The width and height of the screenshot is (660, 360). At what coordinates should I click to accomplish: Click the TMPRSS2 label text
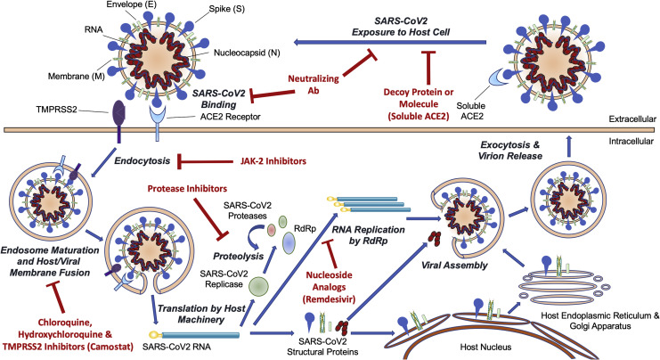click(x=57, y=110)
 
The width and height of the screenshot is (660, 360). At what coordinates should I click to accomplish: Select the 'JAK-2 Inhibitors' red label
click(x=273, y=161)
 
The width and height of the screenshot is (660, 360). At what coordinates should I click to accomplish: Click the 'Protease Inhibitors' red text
click(x=187, y=189)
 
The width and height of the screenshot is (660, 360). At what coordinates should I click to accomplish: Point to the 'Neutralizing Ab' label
click(x=314, y=85)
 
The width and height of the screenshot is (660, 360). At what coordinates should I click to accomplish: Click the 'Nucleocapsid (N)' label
click(x=247, y=53)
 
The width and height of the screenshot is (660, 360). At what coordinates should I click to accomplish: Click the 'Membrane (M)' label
click(x=77, y=77)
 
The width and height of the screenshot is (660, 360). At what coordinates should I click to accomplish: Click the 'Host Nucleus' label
click(x=485, y=348)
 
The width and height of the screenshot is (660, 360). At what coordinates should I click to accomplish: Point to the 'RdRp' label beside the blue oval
click(x=306, y=228)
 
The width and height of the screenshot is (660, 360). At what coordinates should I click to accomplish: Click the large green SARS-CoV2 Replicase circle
click(x=258, y=286)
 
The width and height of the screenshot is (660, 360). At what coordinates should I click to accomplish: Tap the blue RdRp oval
click(x=289, y=243)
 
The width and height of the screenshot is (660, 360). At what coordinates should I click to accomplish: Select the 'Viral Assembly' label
click(x=454, y=266)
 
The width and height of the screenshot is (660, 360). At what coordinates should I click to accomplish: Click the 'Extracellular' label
click(x=632, y=119)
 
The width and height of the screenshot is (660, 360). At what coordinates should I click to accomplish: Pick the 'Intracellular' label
click(x=631, y=142)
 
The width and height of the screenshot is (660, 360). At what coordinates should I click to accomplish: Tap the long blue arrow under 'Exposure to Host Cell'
click(x=390, y=42)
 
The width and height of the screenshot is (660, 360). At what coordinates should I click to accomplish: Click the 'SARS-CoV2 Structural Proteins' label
click(x=322, y=346)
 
